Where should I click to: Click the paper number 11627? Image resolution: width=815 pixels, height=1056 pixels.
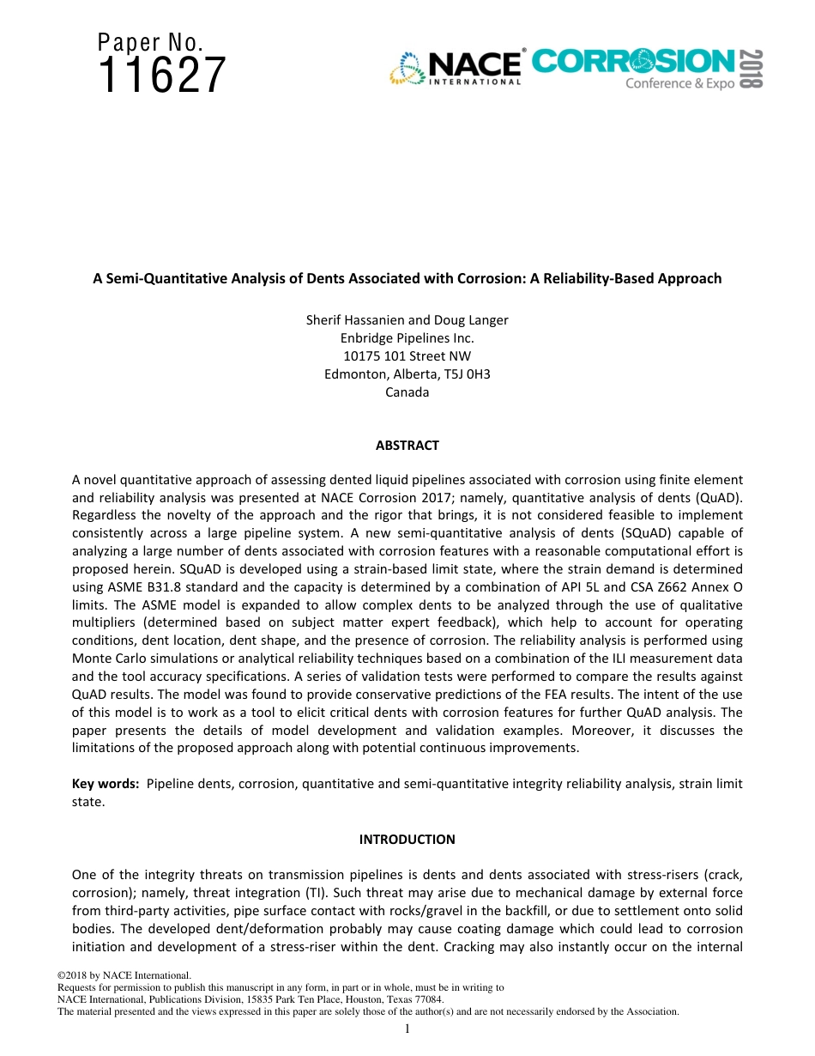pos(162,76)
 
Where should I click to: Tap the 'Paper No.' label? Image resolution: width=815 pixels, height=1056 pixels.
pos(151,42)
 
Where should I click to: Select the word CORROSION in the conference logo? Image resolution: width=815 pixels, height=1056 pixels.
pos(633,62)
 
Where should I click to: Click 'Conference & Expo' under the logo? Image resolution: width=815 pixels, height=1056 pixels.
pos(679,84)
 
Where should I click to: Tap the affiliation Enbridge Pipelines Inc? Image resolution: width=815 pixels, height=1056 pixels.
pos(407,338)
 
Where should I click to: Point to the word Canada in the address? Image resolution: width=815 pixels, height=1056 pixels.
pos(407,392)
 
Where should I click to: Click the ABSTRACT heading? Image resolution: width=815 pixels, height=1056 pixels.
pos(407,446)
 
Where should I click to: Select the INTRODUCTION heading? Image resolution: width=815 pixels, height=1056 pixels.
pos(407,839)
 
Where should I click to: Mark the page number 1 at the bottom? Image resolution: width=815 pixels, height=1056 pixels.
pos(407,1029)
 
